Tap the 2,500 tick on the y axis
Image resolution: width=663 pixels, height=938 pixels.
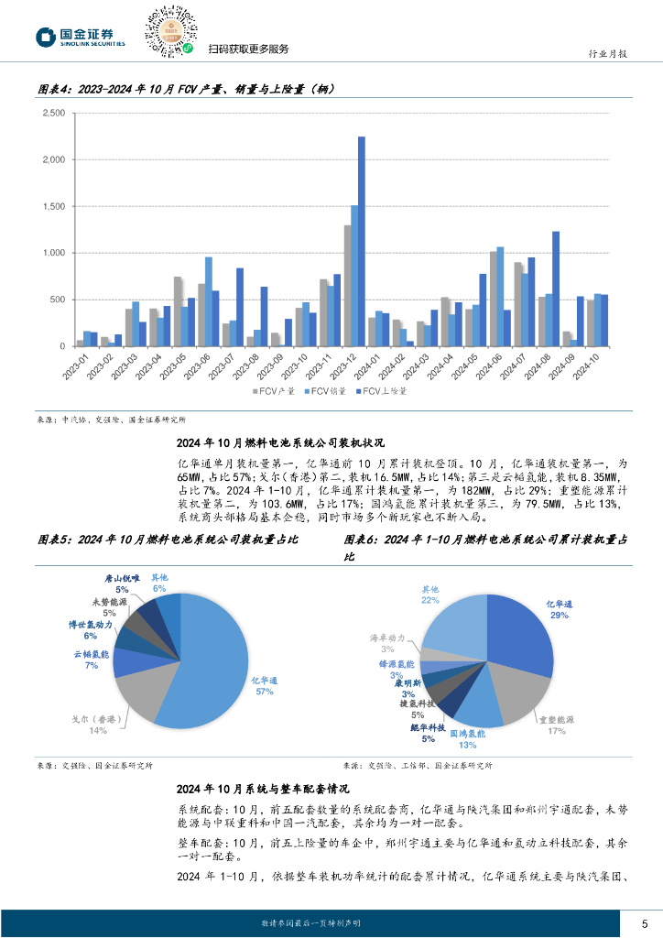53,114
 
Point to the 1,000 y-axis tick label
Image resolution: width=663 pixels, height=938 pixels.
53,253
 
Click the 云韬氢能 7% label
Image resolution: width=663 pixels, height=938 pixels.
92,660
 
